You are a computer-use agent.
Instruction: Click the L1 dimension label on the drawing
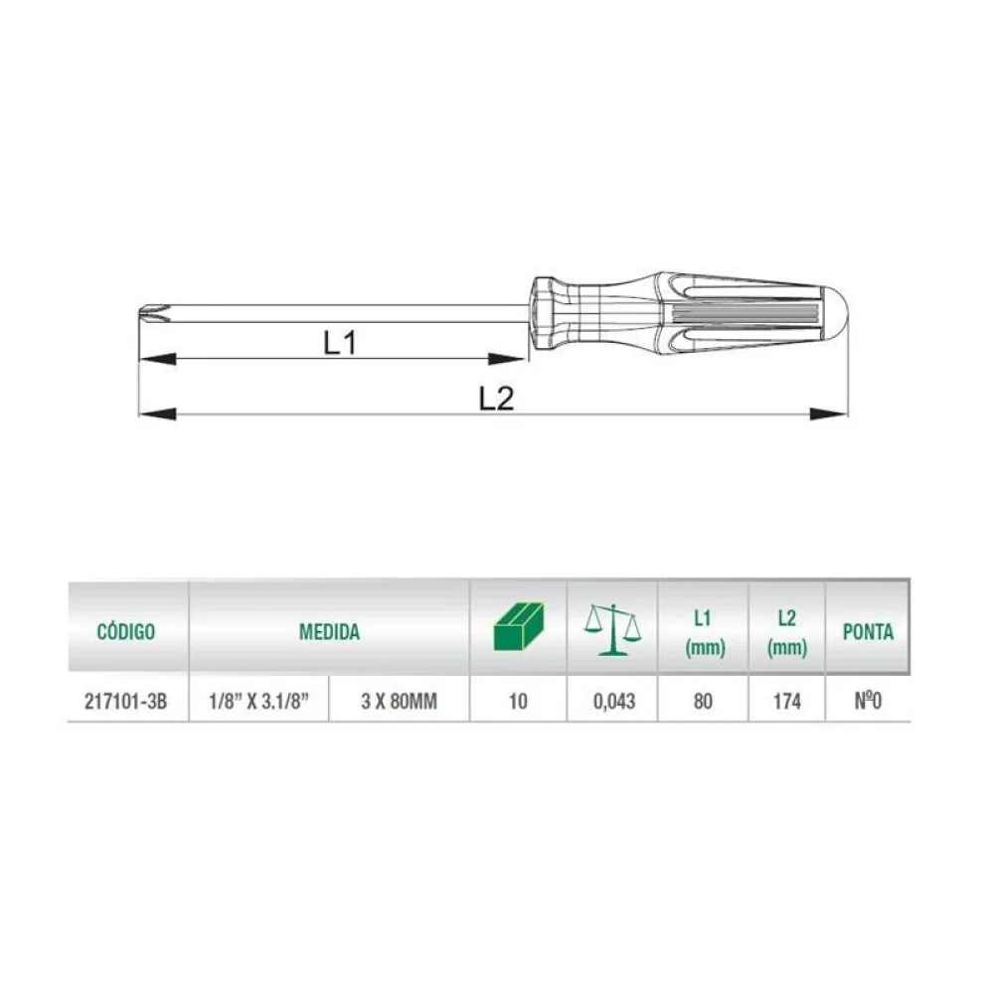coord(340,343)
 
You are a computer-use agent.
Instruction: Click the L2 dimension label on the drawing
coord(496,399)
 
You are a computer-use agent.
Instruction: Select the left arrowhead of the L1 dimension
coord(157,359)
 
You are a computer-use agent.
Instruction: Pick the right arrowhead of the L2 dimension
coord(829,414)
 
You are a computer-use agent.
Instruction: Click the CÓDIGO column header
coord(126,631)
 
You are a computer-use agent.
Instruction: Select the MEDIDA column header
coord(329,631)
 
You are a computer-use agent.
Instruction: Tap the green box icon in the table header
coord(519,626)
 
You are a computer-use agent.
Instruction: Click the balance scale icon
coord(612,629)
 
